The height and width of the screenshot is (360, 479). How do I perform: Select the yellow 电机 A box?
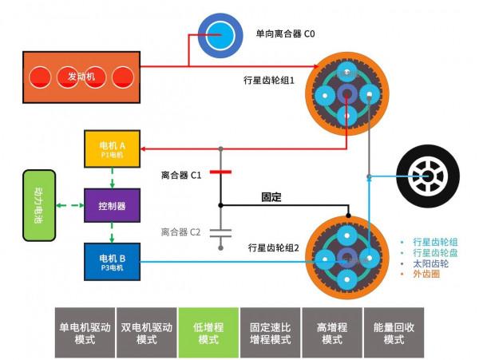coord(113,149)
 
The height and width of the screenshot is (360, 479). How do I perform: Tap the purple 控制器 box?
coord(113,205)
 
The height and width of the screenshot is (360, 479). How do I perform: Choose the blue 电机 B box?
coord(113,262)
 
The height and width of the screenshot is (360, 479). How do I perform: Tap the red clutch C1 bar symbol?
coord(221,172)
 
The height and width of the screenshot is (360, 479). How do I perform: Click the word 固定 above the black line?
coord(272,196)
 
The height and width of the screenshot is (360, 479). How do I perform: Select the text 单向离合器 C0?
coord(286,34)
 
